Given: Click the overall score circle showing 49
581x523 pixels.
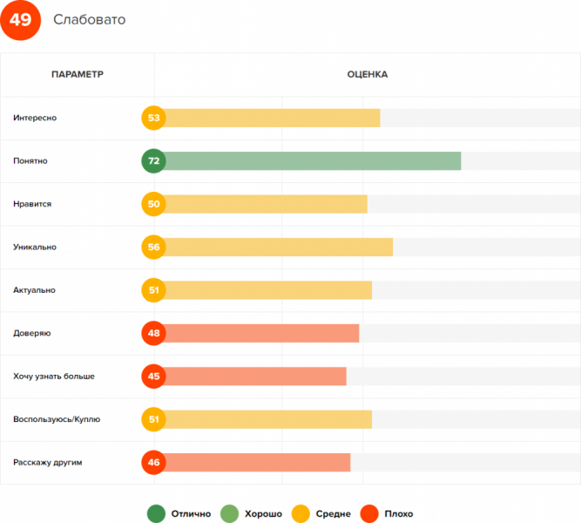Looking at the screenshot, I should click(x=20, y=20).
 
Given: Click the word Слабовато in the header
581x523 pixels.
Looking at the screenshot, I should click(x=89, y=20).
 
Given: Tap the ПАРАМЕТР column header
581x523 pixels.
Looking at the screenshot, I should click(x=78, y=74).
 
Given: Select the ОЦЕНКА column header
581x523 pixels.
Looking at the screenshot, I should click(x=367, y=74).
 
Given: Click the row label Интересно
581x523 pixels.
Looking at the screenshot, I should click(x=35, y=118).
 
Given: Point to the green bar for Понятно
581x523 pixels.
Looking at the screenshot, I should click(x=312, y=161).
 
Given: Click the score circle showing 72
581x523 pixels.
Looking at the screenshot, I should click(x=153, y=161).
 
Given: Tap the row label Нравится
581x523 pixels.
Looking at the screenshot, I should click(x=32, y=204).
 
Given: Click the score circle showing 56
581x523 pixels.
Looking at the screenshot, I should click(x=153, y=247).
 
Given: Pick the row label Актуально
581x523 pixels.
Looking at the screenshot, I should click(x=35, y=289).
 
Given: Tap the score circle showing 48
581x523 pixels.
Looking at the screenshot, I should click(x=153, y=333).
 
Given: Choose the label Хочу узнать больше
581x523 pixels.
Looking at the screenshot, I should click(x=54, y=376).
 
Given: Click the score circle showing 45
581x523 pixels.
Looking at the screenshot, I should click(x=153, y=376).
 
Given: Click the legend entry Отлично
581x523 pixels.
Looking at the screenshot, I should click(x=179, y=514).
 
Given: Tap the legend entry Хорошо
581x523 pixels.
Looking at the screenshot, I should click(x=252, y=514).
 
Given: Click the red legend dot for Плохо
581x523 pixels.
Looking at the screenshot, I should click(x=369, y=514).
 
